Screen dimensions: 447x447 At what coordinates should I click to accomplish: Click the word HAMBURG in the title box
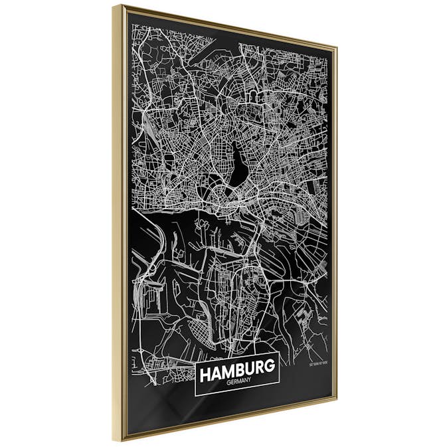237,374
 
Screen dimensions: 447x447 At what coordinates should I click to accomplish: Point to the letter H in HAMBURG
205,375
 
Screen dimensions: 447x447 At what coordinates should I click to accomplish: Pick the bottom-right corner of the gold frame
336,401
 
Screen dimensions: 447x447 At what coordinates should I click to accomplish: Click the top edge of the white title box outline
237,360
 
